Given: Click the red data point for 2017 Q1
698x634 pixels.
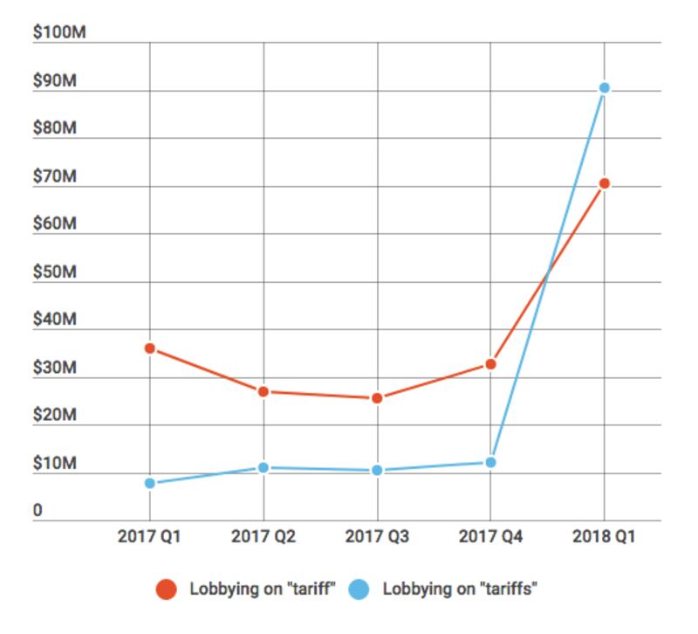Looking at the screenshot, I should (x=150, y=348).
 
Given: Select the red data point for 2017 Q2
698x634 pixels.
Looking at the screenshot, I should (x=263, y=391).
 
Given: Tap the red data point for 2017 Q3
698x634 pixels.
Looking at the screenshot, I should (x=377, y=398).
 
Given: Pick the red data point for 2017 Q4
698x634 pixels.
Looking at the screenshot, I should (x=490, y=364).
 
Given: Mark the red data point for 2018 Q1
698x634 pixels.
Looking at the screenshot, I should (x=604, y=183).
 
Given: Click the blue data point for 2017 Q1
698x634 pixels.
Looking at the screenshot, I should (x=150, y=483).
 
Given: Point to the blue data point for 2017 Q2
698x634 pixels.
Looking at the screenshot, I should (x=263, y=468).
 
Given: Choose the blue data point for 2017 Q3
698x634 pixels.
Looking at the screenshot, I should (x=377, y=471).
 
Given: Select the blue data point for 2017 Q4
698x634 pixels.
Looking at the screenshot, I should (x=490, y=462).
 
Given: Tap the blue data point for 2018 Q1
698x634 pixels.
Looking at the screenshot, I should (x=604, y=88).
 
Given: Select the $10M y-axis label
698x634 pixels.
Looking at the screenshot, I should (x=55, y=465).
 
